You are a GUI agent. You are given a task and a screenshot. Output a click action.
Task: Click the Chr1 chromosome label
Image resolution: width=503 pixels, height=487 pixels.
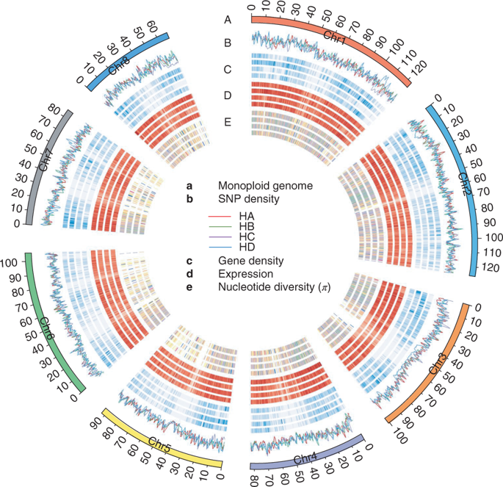(334, 35)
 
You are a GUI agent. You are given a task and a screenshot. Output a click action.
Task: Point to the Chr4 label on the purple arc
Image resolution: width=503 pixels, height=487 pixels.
(306, 459)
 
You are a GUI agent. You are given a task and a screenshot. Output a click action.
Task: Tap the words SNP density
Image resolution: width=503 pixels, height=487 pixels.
(246, 199)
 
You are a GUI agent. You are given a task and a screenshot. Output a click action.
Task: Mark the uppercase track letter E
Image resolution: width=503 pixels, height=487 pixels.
(228, 123)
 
